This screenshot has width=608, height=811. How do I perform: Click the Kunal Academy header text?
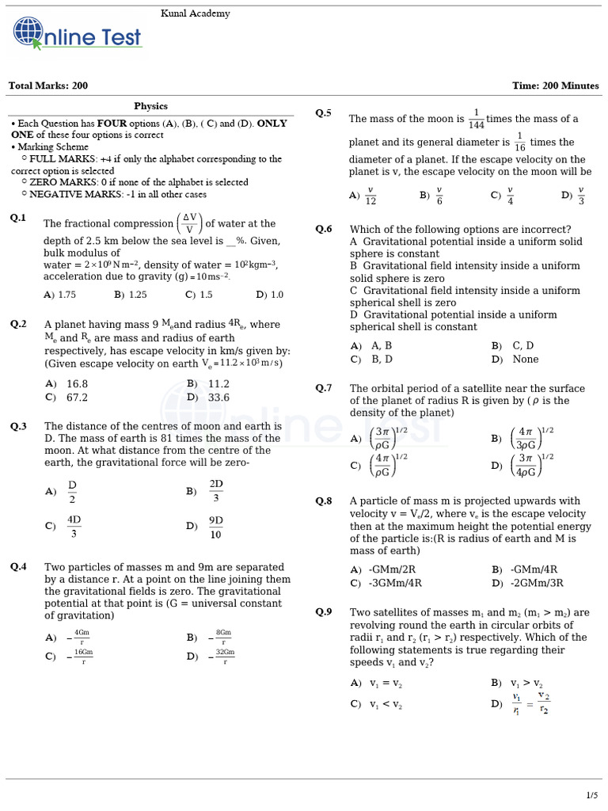(x=196, y=13)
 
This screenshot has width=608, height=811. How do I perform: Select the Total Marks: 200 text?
(x=48, y=86)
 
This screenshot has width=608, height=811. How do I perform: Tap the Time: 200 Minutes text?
(x=556, y=86)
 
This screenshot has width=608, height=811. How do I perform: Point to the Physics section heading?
(x=150, y=106)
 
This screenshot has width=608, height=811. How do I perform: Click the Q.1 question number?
(x=18, y=218)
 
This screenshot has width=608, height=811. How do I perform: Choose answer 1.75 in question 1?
(x=66, y=295)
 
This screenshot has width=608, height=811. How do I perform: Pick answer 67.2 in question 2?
(x=77, y=398)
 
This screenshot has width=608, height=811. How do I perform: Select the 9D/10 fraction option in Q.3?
(x=215, y=527)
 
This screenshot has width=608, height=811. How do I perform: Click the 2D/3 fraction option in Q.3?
(x=215, y=491)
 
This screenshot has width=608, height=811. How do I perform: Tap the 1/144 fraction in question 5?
(x=476, y=120)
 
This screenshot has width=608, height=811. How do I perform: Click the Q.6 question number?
(x=324, y=229)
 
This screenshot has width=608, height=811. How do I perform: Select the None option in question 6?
(x=526, y=359)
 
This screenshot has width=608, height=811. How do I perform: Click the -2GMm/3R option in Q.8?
(x=538, y=583)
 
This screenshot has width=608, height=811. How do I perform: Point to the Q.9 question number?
(x=324, y=611)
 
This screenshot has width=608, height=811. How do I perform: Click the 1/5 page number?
(x=591, y=794)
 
